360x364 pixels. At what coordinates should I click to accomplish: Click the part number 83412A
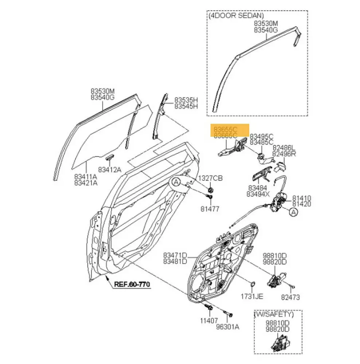tap(109, 169)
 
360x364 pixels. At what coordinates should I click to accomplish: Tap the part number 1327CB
tap(210, 178)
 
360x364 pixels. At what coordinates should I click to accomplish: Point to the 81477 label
tap(210, 209)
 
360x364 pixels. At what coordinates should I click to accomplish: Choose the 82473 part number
tap(290, 297)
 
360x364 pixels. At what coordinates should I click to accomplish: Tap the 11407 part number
tap(207, 320)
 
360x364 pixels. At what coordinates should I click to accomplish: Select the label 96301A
tap(228, 327)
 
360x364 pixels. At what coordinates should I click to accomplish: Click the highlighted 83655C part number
tap(225, 129)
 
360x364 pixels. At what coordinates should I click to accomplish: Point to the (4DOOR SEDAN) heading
tap(236, 16)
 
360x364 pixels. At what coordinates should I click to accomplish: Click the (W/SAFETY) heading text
tap(278, 314)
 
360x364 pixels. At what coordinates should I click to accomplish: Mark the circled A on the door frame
tap(176, 182)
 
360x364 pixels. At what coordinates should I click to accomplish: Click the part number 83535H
tap(185, 100)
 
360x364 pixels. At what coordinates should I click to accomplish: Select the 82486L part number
tap(284, 147)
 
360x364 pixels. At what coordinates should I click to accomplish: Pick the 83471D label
tap(175, 255)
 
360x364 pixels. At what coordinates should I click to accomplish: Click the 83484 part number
tap(257, 188)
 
